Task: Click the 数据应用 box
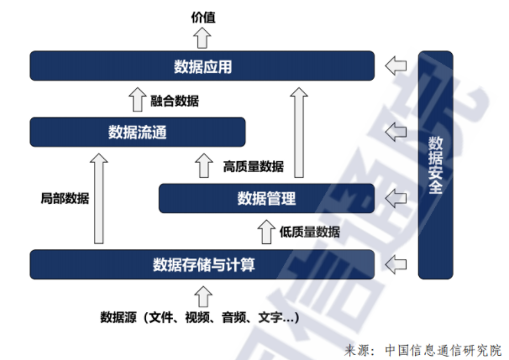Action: (x=202, y=65)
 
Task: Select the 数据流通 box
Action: (x=137, y=132)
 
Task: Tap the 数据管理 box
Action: (x=266, y=198)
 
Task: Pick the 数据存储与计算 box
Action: (x=202, y=264)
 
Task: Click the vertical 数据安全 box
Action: (x=435, y=164)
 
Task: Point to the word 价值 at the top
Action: (x=202, y=15)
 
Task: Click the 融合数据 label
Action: (x=175, y=101)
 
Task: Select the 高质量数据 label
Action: (x=253, y=166)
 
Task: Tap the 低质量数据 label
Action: (x=310, y=232)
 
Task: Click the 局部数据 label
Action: (x=65, y=199)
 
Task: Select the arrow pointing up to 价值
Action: (x=202, y=37)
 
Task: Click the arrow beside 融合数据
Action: (x=137, y=101)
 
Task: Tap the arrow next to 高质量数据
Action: (x=202, y=165)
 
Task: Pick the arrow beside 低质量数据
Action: (x=266, y=232)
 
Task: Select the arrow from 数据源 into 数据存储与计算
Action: (x=202, y=295)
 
